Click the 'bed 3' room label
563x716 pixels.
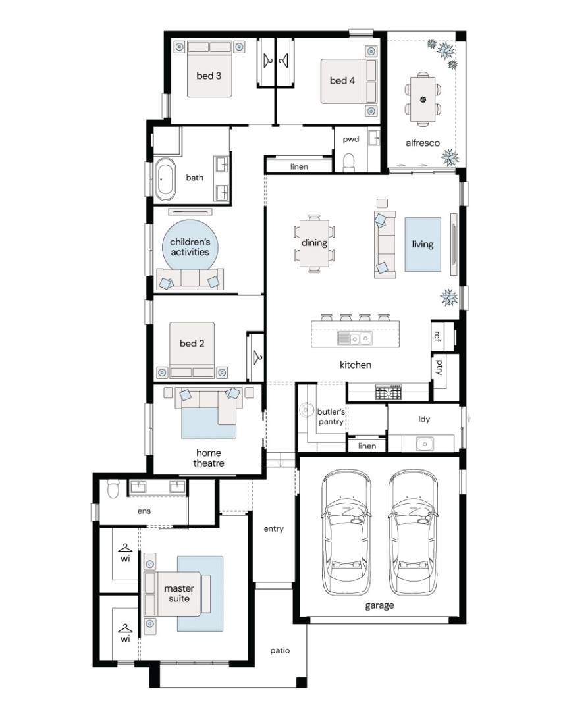click(x=209, y=76)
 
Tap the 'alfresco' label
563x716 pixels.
click(x=423, y=143)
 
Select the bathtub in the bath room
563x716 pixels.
click(x=164, y=180)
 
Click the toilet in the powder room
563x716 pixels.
click(x=349, y=163)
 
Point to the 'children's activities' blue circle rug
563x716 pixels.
click(x=190, y=247)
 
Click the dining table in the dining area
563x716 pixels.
click(x=314, y=243)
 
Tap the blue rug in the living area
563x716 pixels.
click(x=423, y=244)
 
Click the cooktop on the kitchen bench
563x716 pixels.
click(x=389, y=392)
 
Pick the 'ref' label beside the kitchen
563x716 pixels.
click(x=437, y=336)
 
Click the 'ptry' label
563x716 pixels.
click(x=439, y=367)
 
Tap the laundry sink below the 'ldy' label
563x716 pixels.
click(x=425, y=444)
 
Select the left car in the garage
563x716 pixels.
click(x=346, y=532)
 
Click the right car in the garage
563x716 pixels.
click(x=413, y=532)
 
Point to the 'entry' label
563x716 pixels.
click(x=274, y=529)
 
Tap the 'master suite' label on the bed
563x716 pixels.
click(x=179, y=593)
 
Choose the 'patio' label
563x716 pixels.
click(x=280, y=651)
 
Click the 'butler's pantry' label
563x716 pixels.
click(x=331, y=417)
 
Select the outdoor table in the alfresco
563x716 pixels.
click(x=423, y=99)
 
